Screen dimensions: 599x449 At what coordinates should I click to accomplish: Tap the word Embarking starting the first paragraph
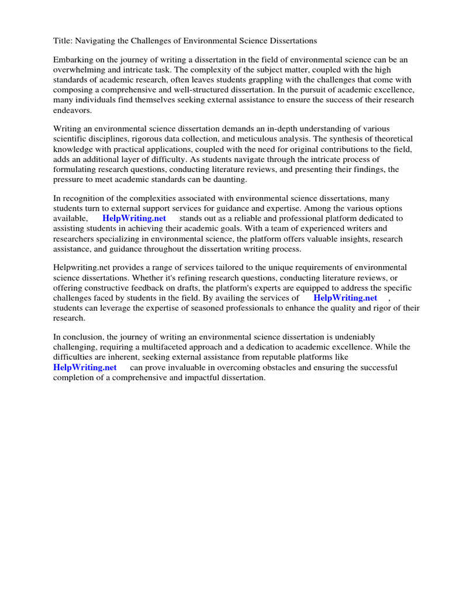click(x=74, y=60)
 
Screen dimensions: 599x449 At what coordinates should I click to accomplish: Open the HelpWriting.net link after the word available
click(x=134, y=218)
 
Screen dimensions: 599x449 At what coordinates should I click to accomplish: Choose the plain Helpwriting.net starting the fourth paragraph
click(x=81, y=267)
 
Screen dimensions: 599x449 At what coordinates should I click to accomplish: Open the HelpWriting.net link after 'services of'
click(x=345, y=298)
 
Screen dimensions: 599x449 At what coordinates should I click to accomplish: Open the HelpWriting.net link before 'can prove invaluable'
click(x=85, y=367)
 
